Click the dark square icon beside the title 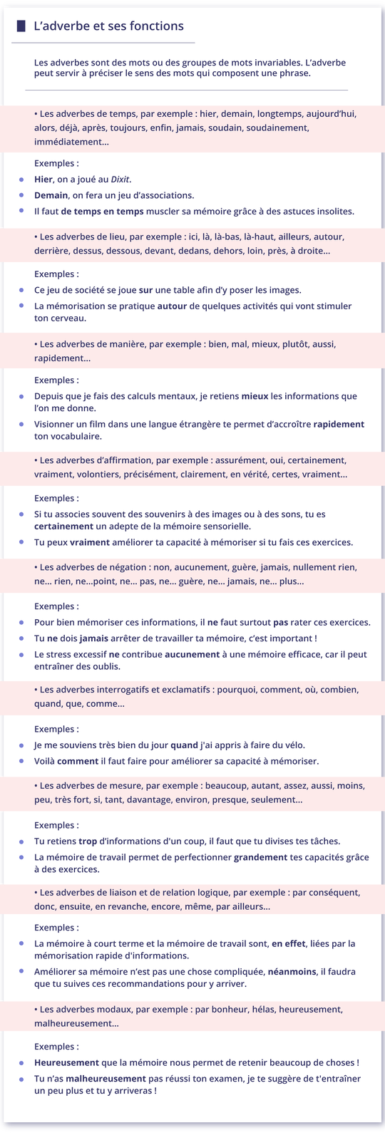tap(21, 26)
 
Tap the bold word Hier tap(43, 180)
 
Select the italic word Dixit tap(120, 180)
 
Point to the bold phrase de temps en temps tap(103, 212)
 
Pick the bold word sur tap(145, 290)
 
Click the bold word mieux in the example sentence tap(255, 396)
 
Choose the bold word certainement tap(63, 527)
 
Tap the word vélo tap(292, 745)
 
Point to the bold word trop tap(88, 841)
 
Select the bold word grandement tap(261, 857)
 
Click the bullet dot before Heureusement tap(21, 1062)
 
